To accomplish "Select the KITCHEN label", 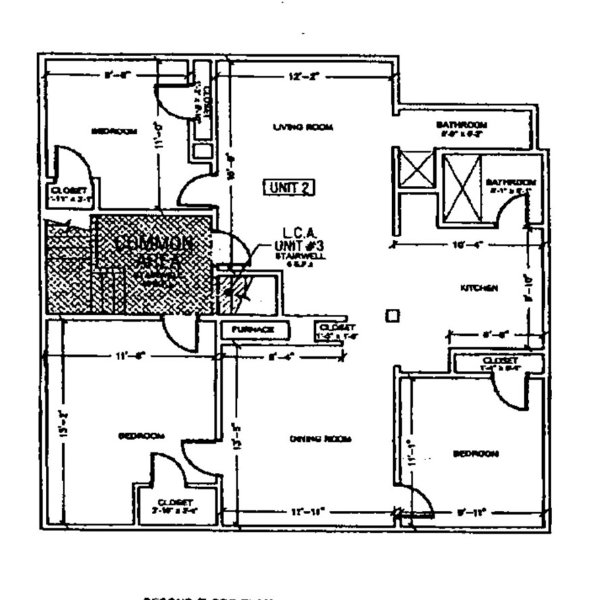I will (x=479, y=289).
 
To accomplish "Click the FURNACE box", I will (x=253, y=330).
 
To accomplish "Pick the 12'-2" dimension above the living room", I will (x=298, y=77).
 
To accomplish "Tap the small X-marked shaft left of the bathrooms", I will (x=416, y=169).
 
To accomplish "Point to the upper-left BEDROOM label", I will (x=115, y=132).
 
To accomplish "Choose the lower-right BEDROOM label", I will (x=476, y=453).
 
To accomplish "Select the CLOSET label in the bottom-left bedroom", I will (x=175, y=503).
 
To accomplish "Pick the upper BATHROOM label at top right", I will (x=462, y=125).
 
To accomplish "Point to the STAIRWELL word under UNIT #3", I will (x=291, y=257).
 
